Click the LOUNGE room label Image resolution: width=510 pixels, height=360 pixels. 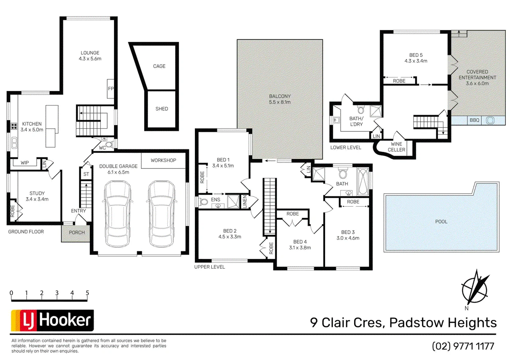point(90,53)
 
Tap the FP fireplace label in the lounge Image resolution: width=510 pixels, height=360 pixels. point(111,88)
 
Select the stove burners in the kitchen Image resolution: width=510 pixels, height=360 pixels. point(14,126)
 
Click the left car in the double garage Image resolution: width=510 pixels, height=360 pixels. point(118,214)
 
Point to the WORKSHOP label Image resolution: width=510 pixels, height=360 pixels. point(163,160)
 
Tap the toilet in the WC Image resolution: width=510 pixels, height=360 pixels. point(110,144)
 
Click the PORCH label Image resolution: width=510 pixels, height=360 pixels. point(77,233)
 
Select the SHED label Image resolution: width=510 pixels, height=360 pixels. point(162,109)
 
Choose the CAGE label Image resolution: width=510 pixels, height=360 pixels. point(159,66)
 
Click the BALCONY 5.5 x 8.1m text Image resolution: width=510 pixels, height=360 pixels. point(280,99)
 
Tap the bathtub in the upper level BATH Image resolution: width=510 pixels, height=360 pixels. point(363,182)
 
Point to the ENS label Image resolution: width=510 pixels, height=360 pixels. point(216,200)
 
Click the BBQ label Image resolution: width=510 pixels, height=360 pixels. point(475,120)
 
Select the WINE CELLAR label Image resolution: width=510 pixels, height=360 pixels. point(396,147)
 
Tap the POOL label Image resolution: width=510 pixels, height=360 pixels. point(441,222)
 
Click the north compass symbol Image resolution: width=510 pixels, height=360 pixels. point(475,290)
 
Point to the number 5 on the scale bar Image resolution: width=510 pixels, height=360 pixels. point(87,293)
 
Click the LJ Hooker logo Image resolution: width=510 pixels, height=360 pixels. point(52,321)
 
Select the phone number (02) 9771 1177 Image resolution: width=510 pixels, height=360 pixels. point(463,346)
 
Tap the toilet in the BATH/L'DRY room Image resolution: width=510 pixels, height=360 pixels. point(361,110)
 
